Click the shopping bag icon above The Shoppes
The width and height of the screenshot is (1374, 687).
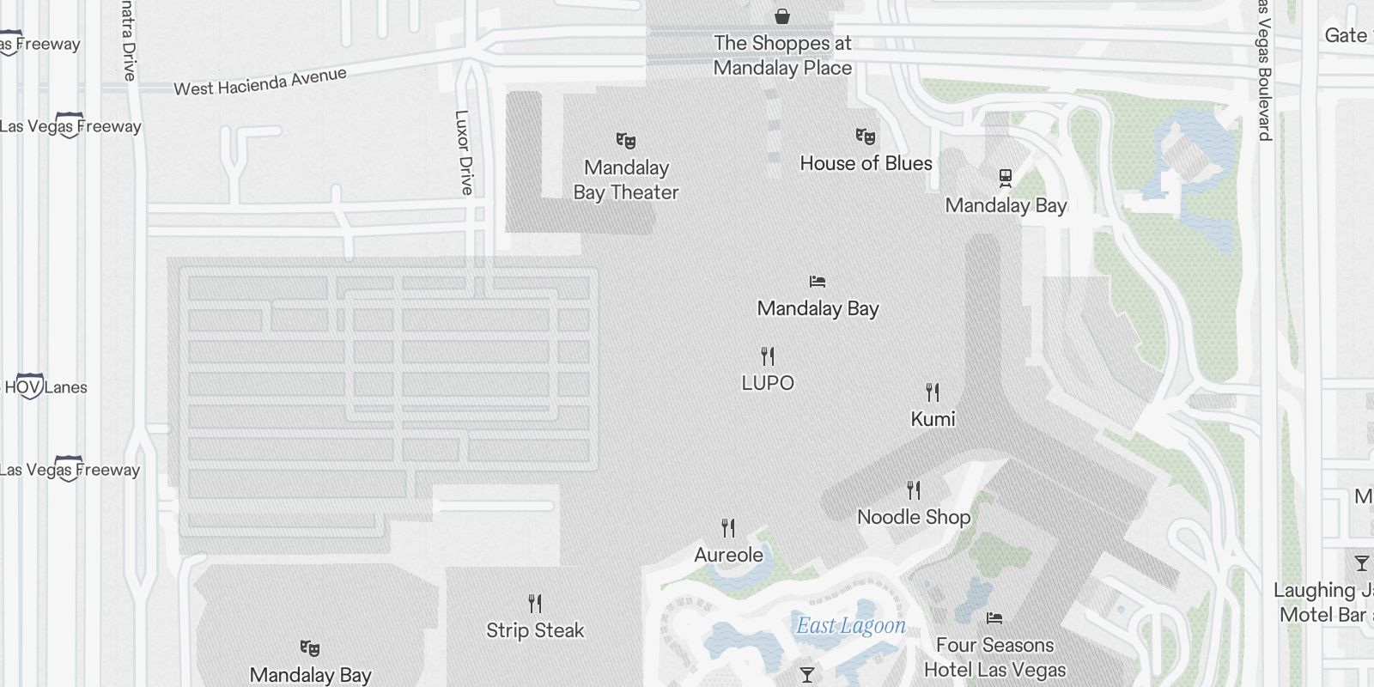[x=782, y=15]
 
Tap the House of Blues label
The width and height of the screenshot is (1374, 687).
[x=866, y=163]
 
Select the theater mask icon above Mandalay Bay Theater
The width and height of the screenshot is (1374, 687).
[x=626, y=140]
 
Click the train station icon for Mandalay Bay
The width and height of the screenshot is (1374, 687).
[x=1006, y=178]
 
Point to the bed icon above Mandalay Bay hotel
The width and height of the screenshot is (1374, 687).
[x=818, y=282]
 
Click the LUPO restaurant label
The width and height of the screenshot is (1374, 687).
[x=768, y=383]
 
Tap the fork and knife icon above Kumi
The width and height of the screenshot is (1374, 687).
[x=933, y=392]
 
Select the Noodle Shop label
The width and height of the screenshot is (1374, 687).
[x=914, y=517]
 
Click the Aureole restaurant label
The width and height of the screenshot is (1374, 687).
[x=728, y=555]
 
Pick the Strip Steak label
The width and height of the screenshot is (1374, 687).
[x=535, y=630]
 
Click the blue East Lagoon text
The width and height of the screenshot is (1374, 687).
[x=850, y=626]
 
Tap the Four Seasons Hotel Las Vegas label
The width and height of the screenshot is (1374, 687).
[x=994, y=657]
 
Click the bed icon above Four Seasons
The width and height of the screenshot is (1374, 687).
[x=994, y=618]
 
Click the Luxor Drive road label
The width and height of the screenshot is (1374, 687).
[x=464, y=152]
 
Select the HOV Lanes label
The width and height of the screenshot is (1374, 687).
[x=46, y=387]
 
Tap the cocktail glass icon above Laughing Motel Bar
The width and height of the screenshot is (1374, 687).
[x=1361, y=563]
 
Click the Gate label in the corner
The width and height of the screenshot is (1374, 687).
[x=1347, y=35]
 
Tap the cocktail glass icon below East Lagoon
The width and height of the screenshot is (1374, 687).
[x=807, y=675]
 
